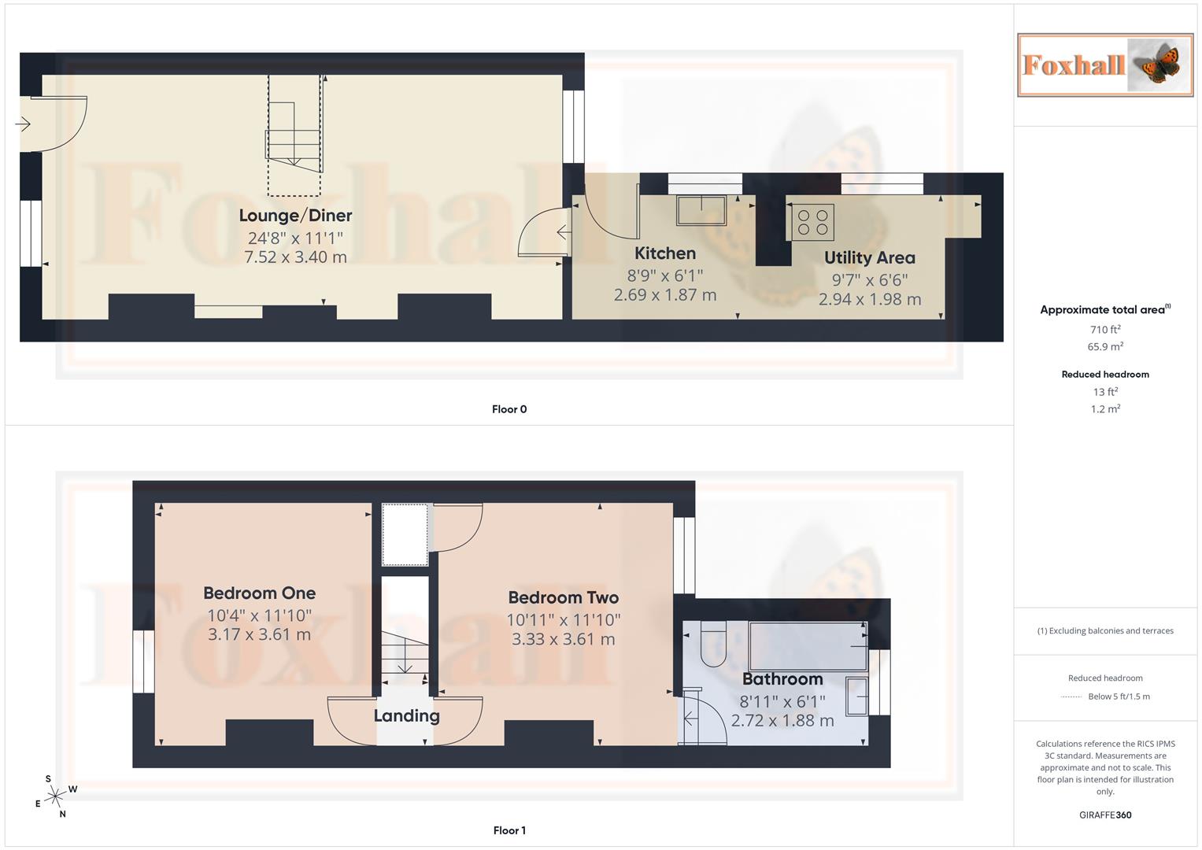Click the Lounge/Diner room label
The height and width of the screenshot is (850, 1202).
coord(295,215)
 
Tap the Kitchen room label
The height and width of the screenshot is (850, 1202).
coord(665,253)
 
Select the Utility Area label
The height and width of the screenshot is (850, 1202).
coord(869,257)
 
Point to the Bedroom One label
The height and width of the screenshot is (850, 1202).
coord(259,593)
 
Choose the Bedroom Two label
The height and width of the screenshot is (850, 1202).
coord(563,598)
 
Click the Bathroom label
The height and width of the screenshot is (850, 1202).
coord(782,679)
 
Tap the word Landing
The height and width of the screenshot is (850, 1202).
coord(406,715)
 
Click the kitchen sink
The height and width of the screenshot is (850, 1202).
coord(702,210)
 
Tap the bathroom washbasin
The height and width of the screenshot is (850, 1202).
coord(857,696)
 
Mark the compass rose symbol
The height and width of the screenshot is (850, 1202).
coord(54,797)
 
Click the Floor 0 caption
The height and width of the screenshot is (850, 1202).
coord(509,409)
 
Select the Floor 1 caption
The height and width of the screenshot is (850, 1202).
coord(509,830)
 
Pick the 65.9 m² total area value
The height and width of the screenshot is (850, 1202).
coord(1105,346)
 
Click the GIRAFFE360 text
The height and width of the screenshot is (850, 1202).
coord(1105,815)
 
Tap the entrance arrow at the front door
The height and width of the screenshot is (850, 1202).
coord(23,124)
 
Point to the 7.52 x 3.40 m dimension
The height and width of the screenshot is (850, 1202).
coord(295,257)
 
